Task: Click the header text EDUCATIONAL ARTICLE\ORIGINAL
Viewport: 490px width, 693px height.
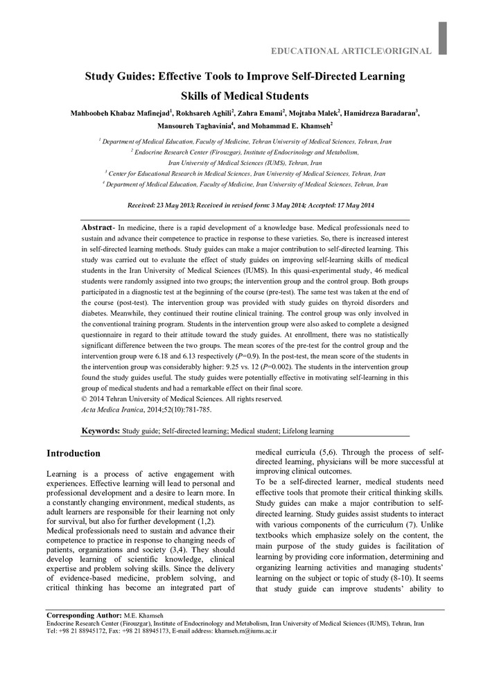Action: point(351,51)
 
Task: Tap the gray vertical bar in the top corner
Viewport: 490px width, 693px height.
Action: point(442,38)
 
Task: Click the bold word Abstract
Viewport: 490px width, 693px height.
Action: point(96,228)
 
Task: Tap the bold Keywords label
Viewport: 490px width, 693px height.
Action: point(101,431)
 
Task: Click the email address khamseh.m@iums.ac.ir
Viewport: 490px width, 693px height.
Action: point(245,631)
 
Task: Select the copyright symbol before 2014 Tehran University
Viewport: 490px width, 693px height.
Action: point(84,398)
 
